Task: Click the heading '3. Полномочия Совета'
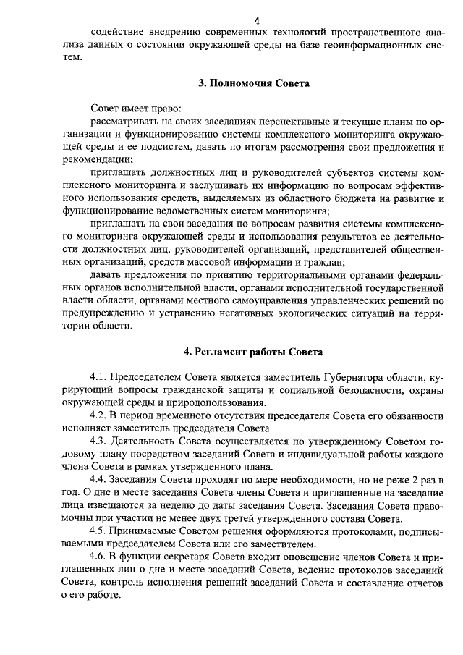click(x=254, y=83)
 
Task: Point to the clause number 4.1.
click(x=99, y=378)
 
